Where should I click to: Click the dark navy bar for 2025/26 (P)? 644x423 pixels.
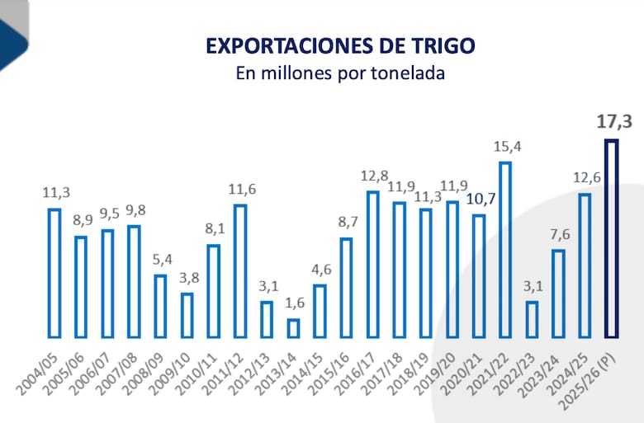click(x=611, y=239)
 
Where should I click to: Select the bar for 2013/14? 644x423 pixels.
click(x=293, y=328)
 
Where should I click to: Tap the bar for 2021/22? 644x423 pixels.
click(x=505, y=250)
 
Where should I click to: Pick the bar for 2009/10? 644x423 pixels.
click(x=187, y=315)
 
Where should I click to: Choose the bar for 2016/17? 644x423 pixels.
click(x=372, y=265)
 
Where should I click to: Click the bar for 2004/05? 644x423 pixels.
click(x=54, y=273)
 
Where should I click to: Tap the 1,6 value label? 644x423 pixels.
click(x=293, y=304)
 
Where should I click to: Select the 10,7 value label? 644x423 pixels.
click(x=479, y=199)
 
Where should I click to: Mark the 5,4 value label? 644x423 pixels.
click(x=161, y=260)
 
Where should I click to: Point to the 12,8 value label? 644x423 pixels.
click(x=372, y=176)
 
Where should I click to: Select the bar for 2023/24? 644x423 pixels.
click(x=558, y=294)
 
